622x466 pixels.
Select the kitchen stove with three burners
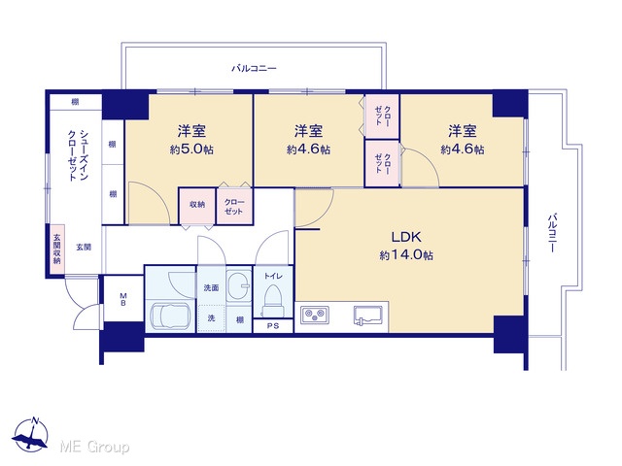tap(315, 315)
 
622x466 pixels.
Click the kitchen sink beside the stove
tap(367, 316)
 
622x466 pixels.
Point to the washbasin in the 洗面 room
tap(239, 284)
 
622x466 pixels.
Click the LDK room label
tap(406, 237)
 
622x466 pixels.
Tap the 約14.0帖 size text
tap(406, 254)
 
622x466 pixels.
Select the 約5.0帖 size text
tap(191, 150)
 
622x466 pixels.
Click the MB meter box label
tap(123, 300)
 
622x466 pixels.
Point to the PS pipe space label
tap(273, 326)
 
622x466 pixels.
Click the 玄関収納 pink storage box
tap(57, 249)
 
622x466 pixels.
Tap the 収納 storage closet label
tap(197, 205)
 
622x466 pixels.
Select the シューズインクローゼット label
tap(78, 155)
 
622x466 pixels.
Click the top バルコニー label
tap(254, 68)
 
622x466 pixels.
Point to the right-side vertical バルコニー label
tap(552, 233)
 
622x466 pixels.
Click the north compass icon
tap(30, 435)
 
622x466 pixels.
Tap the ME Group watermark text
tap(94, 447)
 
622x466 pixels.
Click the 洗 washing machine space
tap(212, 317)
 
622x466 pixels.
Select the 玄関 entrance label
tap(84, 248)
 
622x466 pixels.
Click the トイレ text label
tap(273, 276)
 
